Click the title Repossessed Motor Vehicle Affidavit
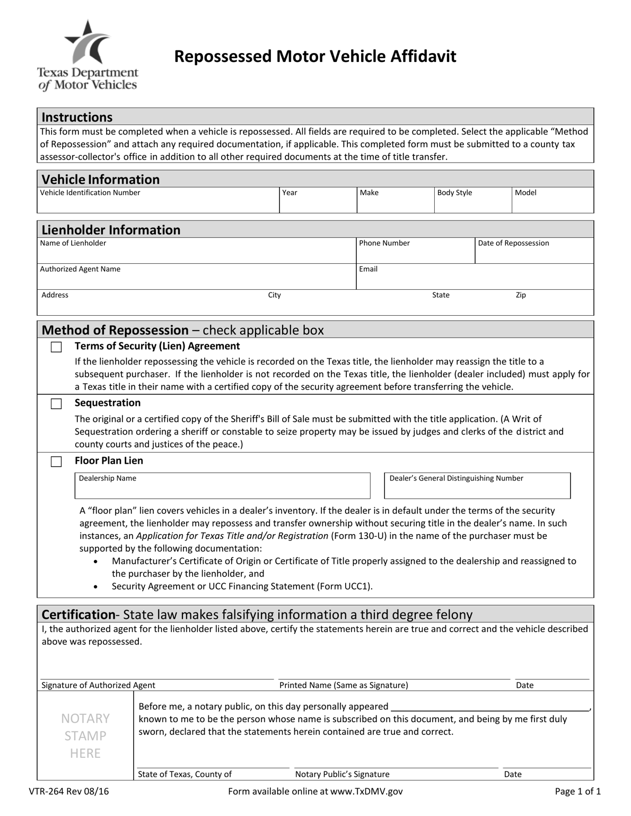click(x=315, y=56)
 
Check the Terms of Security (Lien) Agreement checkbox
click(x=56, y=347)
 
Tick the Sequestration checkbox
click(x=56, y=404)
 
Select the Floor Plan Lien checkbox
click(x=56, y=462)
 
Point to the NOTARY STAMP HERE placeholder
click(x=85, y=735)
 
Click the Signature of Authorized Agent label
click(x=98, y=685)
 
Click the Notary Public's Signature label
click(x=342, y=774)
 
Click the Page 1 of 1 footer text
click(x=577, y=792)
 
